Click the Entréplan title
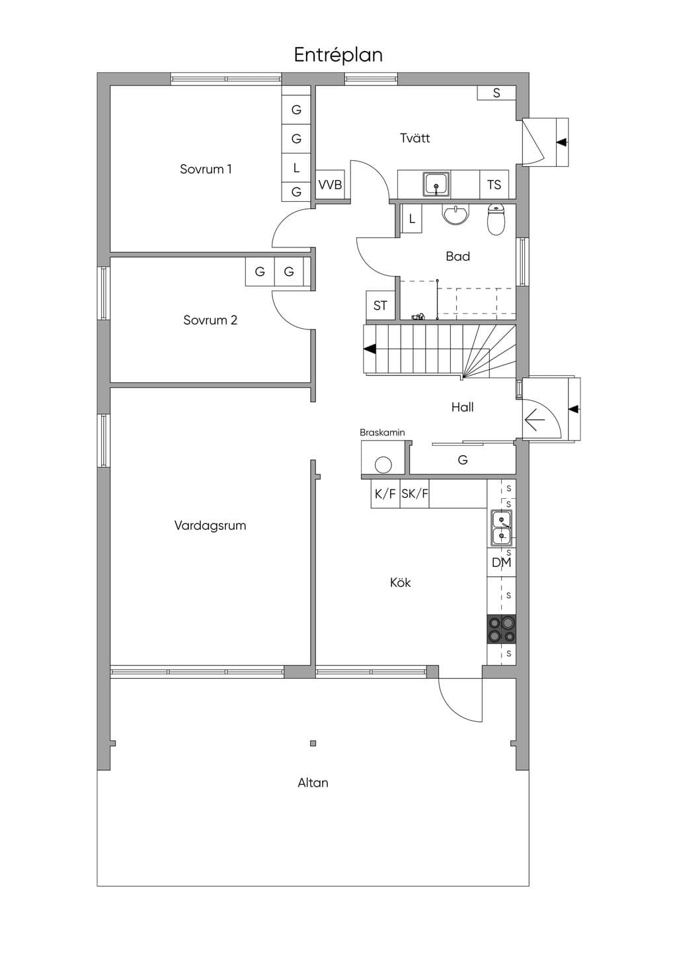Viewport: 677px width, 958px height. tap(338, 56)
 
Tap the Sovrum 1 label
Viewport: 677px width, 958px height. tap(206, 169)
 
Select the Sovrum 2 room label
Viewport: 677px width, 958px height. tap(210, 320)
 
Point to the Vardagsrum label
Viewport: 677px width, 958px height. tap(210, 525)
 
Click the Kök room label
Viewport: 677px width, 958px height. tap(401, 582)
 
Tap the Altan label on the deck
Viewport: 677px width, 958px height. tap(313, 783)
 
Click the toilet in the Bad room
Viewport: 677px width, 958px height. tap(496, 220)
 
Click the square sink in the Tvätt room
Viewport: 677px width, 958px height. tap(436, 185)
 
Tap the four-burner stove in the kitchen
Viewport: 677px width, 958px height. tap(501, 629)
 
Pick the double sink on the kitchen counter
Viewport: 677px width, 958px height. tap(501, 528)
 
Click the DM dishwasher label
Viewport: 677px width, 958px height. tap(501, 563)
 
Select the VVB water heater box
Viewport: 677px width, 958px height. tap(330, 185)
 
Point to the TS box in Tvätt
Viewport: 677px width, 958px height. tap(494, 185)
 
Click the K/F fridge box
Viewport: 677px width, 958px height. tap(385, 494)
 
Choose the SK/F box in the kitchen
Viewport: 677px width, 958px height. tap(414, 494)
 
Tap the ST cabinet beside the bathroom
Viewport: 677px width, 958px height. tap(380, 306)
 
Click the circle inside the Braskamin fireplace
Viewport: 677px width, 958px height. tap(383, 465)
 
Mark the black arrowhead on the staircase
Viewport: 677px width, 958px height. tap(370, 349)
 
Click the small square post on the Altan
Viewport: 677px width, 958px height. tap(313, 743)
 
